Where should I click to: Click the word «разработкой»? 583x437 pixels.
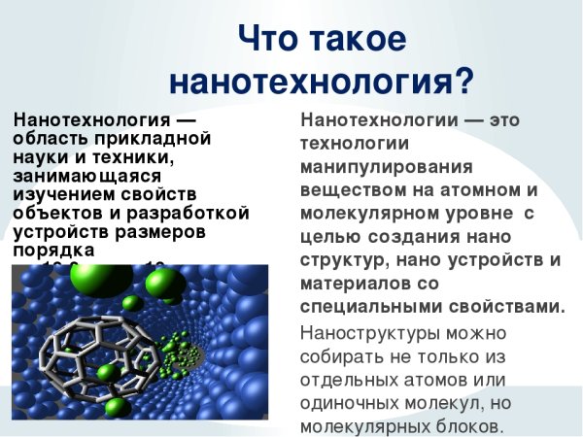[190, 213]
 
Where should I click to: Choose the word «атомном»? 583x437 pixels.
[474, 189]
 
